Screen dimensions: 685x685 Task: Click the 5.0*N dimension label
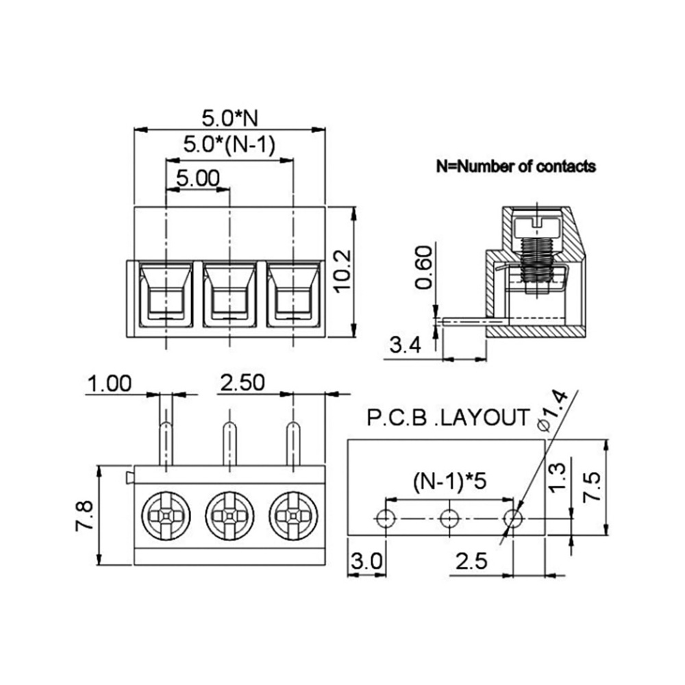[x=229, y=118]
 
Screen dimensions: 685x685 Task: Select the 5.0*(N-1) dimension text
[x=229, y=145]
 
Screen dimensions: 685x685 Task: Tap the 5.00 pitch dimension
[x=198, y=178]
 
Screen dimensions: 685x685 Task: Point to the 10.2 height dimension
[x=342, y=271]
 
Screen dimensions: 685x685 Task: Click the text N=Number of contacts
[x=516, y=166]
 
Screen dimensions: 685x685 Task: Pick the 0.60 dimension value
[x=423, y=268]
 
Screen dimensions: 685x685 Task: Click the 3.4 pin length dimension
[x=405, y=345]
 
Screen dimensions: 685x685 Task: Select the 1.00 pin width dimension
[x=109, y=384]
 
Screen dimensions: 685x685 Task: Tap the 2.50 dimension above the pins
[x=242, y=383]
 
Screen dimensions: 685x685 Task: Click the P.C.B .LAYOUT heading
[x=448, y=418]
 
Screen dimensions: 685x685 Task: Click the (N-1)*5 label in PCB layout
[x=449, y=482]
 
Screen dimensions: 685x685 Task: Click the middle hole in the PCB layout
[x=449, y=519]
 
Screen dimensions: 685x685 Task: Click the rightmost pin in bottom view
[x=292, y=443]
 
